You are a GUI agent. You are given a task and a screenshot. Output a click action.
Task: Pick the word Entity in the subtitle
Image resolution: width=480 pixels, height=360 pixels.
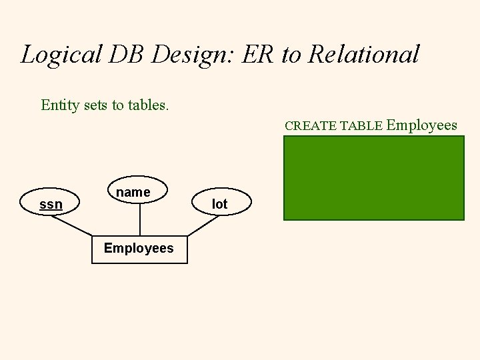click(x=58, y=105)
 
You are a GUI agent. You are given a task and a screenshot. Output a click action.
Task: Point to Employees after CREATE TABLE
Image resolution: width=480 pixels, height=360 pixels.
click(x=421, y=125)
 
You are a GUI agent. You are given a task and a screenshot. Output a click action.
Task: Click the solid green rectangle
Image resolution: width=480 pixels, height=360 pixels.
click(x=373, y=177)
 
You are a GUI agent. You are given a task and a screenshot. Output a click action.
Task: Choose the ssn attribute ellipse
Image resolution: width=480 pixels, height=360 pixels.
click(x=51, y=204)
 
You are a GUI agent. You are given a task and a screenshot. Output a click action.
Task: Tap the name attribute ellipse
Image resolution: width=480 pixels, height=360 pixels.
click(x=139, y=192)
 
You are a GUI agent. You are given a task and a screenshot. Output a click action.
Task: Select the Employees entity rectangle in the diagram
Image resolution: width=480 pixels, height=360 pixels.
click(x=139, y=249)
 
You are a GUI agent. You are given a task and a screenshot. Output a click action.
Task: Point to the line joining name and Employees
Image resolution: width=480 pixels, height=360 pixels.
click(x=139, y=221)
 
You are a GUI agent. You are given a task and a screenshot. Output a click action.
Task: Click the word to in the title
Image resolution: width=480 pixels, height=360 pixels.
click(x=291, y=55)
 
